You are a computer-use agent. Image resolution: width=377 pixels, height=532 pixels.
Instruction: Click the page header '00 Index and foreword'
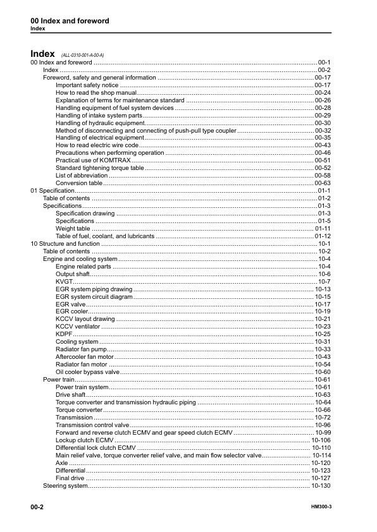point(70,21)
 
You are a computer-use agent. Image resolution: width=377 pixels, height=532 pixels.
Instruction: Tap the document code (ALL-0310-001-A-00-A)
point(82,56)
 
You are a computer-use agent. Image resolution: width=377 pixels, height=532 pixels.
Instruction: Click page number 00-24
point(323,92)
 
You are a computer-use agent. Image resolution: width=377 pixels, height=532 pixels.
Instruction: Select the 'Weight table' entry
point(73,228)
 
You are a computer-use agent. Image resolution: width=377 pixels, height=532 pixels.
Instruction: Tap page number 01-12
point(323,236)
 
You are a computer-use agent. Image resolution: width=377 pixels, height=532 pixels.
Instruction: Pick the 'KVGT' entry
point(64,281)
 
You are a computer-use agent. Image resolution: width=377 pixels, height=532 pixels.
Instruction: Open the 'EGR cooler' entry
point(72,311)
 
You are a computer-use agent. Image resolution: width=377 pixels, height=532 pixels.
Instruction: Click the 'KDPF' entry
point(65,334)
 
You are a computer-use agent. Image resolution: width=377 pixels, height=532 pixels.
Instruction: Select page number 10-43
point(323,357)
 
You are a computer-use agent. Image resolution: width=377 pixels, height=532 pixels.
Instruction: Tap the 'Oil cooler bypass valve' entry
point(87,372)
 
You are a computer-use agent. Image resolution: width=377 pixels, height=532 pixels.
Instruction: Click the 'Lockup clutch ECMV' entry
point(85,440)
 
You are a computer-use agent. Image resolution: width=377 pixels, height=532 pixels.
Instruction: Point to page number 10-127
point(321,478)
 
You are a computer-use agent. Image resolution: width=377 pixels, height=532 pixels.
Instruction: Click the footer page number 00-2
point(37,507)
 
